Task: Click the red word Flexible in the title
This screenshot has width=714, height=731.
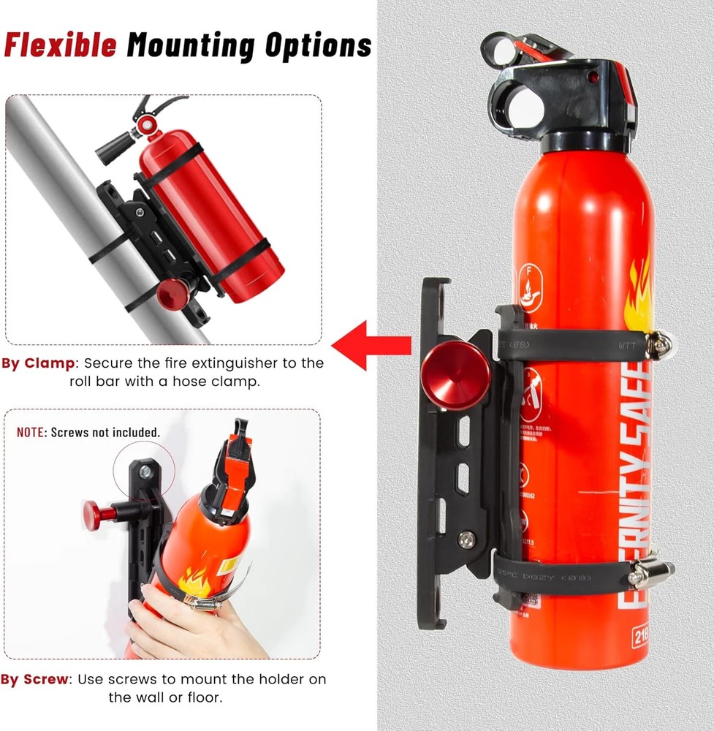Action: pyautogui.click(x=60, y=45)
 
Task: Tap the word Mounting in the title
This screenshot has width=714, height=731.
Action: pyautogui.click(x=191, y=45)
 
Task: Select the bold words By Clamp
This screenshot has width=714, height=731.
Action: pyautogui.click(x=38, y=363)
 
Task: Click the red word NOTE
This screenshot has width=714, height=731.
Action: pyautogui.click(x=31, y=432)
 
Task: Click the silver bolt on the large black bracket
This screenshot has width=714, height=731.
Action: pyautogui.click(x=466, y=539)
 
